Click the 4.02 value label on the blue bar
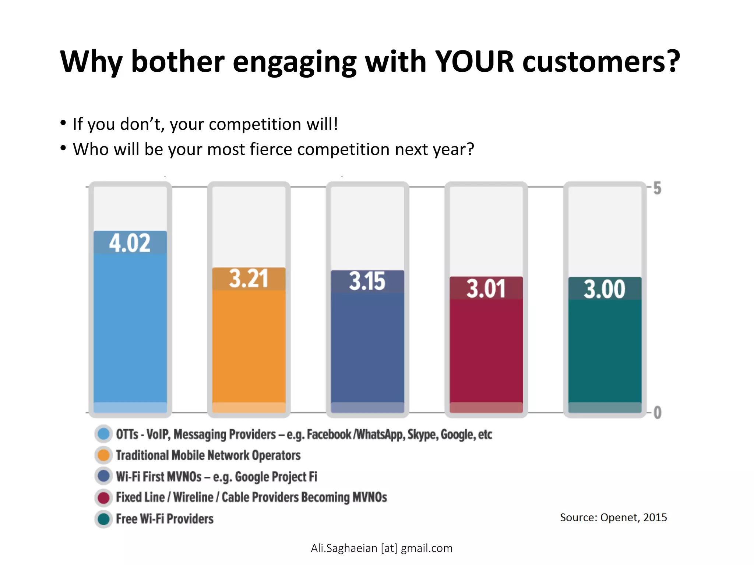click(x=130, y=243)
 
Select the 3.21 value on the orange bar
click(x=249, y=279)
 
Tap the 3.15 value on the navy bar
click(x=367, y=282)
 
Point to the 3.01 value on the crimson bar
click(x=486, y=289)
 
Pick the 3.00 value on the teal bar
click(x=605, y=289)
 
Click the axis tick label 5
click(x=657, y=189)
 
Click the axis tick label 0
click(x=658, y=413)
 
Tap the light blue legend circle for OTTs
click(x=103, y=434)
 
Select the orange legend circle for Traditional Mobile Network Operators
click(x=103, y=455)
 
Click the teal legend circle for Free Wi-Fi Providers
click(x=103, y=519)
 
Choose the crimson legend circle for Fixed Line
click(x=103, y=498)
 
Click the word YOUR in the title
click(x=474, y=61)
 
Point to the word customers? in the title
click(x=601, y=61)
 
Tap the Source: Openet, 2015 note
click(x=613, y=518)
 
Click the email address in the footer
click(x=381, y=548)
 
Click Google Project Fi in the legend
click(x=276, y=477)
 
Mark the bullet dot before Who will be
click(x=63, y=148)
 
